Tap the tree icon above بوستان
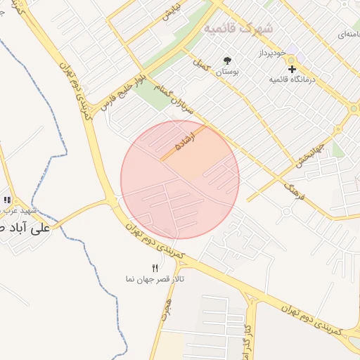(226, 60)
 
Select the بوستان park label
(226, 72)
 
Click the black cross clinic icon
(292, 68)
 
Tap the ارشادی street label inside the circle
(182, 141)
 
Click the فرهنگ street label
(295, 188)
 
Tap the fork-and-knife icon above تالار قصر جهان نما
(155, 268)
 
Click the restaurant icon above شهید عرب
(7, 200)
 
